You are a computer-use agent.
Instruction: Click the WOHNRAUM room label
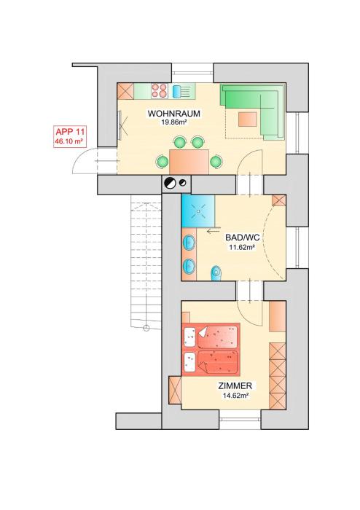(173, 114)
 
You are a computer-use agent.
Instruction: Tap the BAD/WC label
(242, 237)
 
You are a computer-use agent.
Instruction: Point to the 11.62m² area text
(242, 247)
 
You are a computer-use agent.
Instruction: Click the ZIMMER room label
(235, 386)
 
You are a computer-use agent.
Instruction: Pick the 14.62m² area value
(236, 396)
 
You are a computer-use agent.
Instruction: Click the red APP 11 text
(70, 132)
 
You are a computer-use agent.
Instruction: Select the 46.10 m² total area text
(69, 141)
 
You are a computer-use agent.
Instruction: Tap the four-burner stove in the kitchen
(160, 91)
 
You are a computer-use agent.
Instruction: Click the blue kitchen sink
(176, 91)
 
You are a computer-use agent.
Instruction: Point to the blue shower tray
(197, 211)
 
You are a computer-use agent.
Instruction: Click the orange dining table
(189, 162)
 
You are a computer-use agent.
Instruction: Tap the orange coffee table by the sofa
(248, 119)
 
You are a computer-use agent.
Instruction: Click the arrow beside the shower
(213, 232)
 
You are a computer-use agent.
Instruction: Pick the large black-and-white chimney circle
(170, 183)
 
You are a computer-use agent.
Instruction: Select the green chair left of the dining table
(162, 162)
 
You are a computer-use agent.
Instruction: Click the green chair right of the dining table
(216, 162)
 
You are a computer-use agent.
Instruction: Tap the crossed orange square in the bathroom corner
(278, 200)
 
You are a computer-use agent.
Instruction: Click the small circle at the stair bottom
(146, 328)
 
